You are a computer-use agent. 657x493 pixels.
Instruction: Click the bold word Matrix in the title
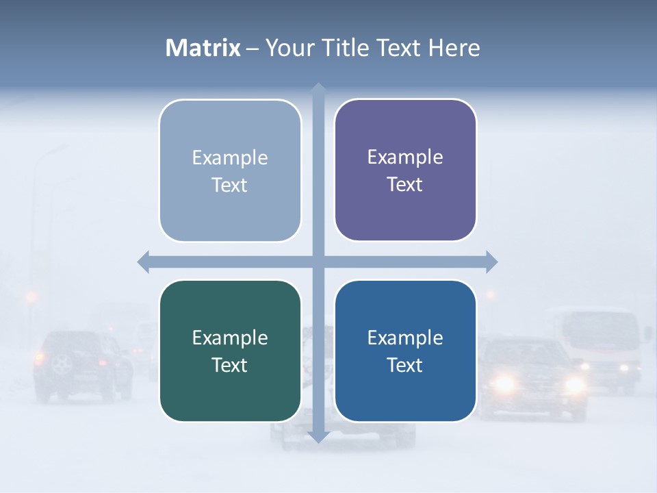tap(203, 48)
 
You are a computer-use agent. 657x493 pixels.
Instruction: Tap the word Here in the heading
tap(454, 48)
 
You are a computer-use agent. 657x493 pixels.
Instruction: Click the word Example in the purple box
tap(405, 157)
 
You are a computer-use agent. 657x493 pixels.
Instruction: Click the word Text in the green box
tap(229, 365)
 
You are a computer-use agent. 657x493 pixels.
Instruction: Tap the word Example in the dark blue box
tap(405, 338)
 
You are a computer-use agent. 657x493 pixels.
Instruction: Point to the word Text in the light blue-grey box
tap(229, 185)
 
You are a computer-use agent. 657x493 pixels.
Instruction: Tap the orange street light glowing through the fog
tap(31, 296)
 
